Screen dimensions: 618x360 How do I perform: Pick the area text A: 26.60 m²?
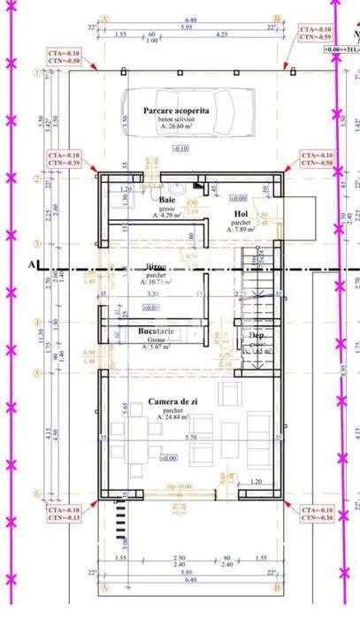coord(177,126)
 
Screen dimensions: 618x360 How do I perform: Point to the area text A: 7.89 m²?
coord(241,229)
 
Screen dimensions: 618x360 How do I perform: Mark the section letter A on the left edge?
coord(33,263)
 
